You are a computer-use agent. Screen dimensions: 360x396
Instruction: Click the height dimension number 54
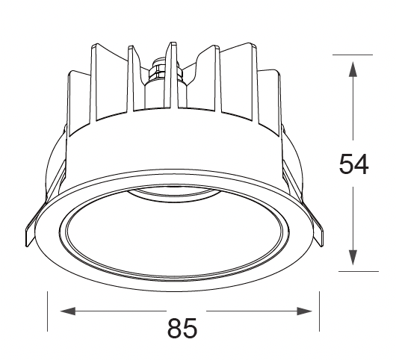click(353, 164)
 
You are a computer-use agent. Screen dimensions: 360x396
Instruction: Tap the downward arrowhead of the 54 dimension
click(353, 258)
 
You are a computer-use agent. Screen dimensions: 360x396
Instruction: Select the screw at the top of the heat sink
click(158, 68)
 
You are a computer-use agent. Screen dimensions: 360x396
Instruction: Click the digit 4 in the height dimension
click(362, 164)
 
